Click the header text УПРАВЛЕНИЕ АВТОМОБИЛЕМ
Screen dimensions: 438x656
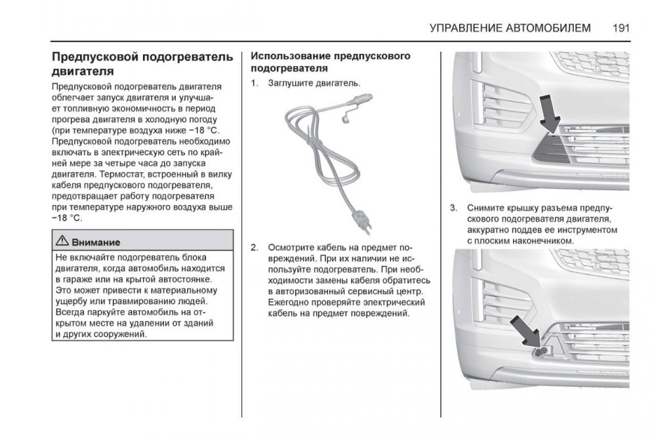pos(510,28)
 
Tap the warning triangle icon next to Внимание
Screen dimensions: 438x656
pos(62,242)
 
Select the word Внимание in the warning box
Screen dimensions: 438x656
pos(96,242)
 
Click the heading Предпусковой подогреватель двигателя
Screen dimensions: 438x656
pos(142,64)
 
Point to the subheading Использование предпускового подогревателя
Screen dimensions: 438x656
pos(331,62)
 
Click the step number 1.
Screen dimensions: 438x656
pos(254,84)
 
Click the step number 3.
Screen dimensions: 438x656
pos(453,208)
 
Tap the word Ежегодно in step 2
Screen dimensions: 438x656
pos(290,302)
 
